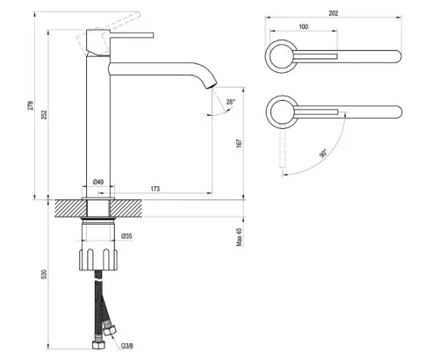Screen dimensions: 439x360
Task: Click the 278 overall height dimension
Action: click(x=31, y=105)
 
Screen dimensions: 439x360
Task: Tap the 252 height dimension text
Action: click(x=44, y=114)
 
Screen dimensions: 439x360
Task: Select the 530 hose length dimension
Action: click(x=44, y=274)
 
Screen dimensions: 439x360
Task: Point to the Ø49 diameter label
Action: click(x=98, y=182)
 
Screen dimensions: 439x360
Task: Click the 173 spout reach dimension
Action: click(x=155, y=189)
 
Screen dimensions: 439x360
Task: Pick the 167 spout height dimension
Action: click(x=239, y=143)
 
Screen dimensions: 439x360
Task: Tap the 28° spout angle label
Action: click(x=231, y=102)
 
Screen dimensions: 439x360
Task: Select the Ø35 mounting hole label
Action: click(x=126, y=235)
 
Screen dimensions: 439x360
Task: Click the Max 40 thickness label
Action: click(x=239, y=237)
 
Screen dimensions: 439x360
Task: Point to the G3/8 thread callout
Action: click(x=127, y=346)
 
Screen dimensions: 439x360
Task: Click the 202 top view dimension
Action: click(x=333, y=13)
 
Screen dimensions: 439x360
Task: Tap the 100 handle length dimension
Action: click(x=304, y=26)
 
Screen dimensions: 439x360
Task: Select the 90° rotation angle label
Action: click(x=323, y=153)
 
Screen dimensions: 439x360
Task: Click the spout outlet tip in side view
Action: click(x=212, y=85)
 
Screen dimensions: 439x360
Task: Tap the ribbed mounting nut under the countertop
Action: click(x=98, y=259)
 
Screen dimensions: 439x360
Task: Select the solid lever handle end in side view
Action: click(x=132, y=35)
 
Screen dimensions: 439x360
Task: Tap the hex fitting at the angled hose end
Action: click(x=110, y=329)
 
